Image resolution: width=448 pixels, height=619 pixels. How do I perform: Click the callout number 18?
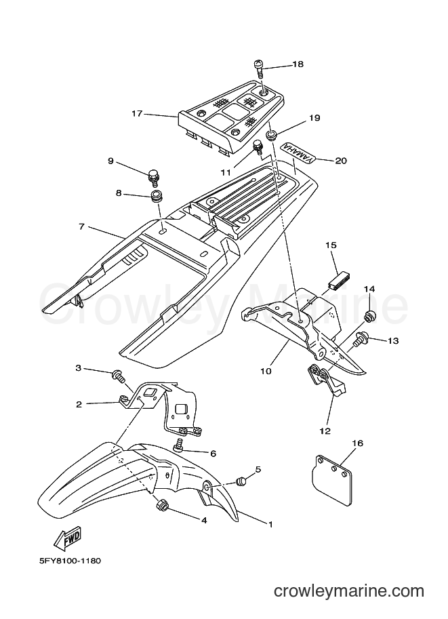tap(298, 64)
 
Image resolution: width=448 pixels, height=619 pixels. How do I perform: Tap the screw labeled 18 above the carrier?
tap(258, 69)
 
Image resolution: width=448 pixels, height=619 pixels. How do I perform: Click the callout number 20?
tap(341, 161)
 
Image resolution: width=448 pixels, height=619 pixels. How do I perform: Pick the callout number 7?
tap(82, 227)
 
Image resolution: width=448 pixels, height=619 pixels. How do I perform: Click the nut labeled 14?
tap(370, 316)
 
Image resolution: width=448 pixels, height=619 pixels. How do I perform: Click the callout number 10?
tap(266, 371)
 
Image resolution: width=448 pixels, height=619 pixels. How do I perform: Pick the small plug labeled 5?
tap(241, 481)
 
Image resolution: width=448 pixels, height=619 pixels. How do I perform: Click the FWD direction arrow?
tap(68, 538)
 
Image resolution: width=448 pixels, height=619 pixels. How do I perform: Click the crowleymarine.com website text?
tap(349, 603)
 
